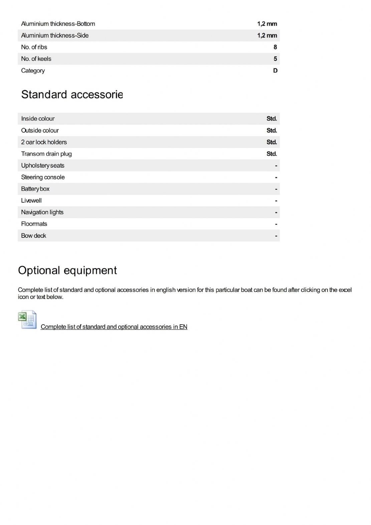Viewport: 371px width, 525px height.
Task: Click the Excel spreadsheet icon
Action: point(27,320)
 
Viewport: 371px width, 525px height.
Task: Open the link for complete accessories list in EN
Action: point(114,327)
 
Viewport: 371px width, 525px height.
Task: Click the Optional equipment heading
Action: point(67,270)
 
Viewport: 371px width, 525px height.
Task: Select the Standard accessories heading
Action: point(72,95)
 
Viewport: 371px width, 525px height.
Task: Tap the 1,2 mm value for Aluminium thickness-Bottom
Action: point(267,24)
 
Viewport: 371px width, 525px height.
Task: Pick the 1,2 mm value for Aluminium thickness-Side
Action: point(267,35)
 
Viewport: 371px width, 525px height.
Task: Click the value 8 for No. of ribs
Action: point(275,47)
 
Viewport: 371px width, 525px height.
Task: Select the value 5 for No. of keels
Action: point(275,59)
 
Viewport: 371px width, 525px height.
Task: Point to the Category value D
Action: point(275,70)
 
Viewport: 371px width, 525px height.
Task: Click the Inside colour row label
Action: point(38,119)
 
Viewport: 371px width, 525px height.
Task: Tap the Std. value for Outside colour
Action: point(271,130)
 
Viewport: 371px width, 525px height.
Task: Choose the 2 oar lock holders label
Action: point(44,142)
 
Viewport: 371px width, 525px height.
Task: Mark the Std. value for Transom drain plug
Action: point(271,154)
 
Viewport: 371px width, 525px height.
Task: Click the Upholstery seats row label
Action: point(43,165)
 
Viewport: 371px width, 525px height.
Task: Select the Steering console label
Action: point(43,177)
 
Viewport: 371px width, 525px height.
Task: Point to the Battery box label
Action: point(35,189)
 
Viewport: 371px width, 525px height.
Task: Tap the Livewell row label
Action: point(31,200)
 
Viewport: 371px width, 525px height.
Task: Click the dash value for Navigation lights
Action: point(276,212)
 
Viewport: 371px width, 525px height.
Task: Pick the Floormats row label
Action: point(34,224)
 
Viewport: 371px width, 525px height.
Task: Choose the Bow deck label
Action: point(33,235)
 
